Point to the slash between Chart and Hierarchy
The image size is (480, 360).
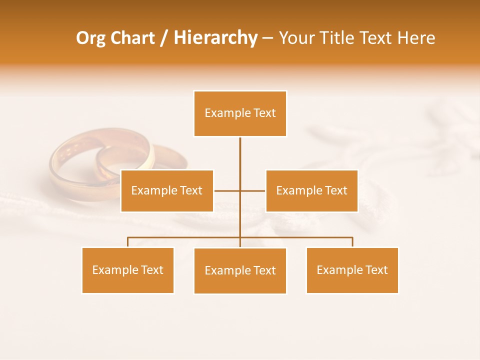point(164,38)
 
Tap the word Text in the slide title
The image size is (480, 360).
point(377,38)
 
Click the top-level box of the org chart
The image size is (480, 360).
point(240,113)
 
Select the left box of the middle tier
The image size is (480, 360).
point(167,190)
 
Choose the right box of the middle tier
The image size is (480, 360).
point(311,190)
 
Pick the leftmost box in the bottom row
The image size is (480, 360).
point(128,270)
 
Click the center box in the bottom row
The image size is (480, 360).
point(240,270)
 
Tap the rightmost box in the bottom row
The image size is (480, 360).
point(352,270)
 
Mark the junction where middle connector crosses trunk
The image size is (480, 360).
point(240,190)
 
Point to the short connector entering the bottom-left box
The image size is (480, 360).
point(128,242)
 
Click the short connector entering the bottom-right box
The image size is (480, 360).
point(352,242)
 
